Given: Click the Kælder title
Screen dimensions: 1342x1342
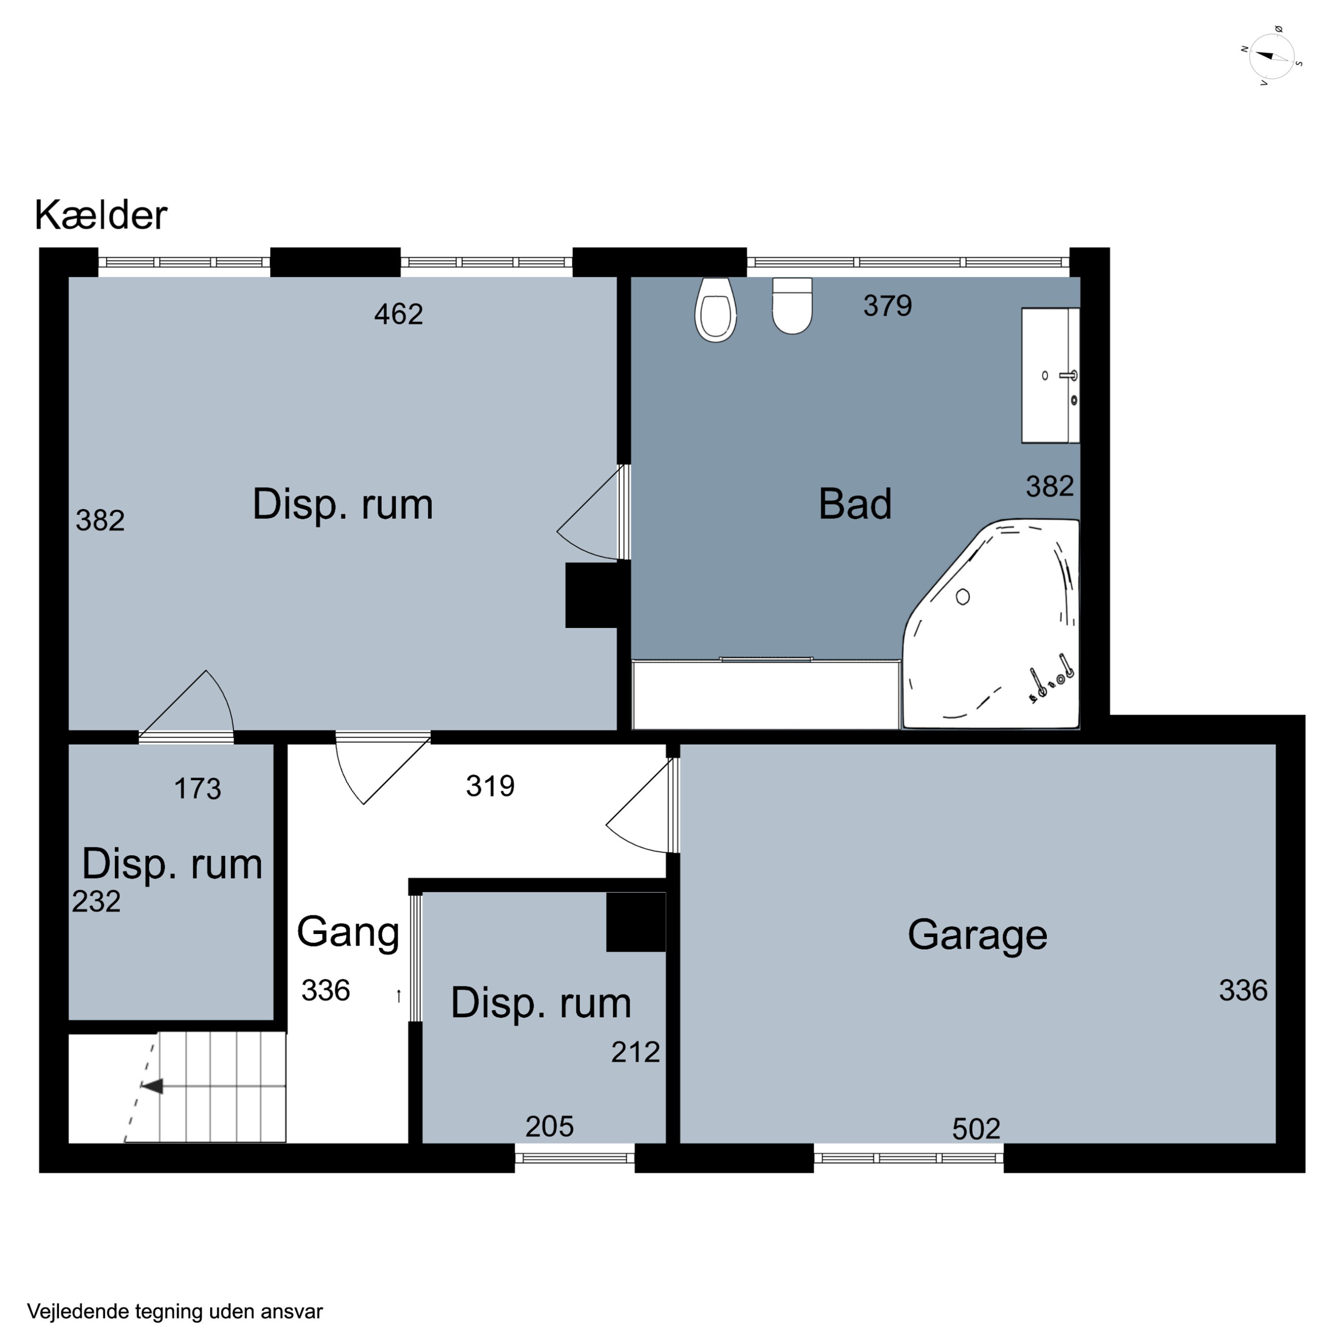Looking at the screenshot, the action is click(x=101, y=215).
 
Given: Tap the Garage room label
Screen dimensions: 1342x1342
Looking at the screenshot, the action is click(x=977, y=934).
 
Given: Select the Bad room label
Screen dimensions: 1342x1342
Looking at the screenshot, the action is click(x=855, y=504).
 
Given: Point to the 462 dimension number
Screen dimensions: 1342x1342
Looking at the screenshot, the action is click(x=399, y=314).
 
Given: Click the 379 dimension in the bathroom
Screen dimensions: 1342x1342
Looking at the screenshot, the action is click(x=888, y=306).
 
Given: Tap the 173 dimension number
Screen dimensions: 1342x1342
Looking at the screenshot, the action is click(x=197, y=789).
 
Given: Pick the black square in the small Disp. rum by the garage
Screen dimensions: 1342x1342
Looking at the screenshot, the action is click(x=636, y=922).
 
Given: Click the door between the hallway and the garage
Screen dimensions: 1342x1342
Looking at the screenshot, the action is click(x=642, y=805).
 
